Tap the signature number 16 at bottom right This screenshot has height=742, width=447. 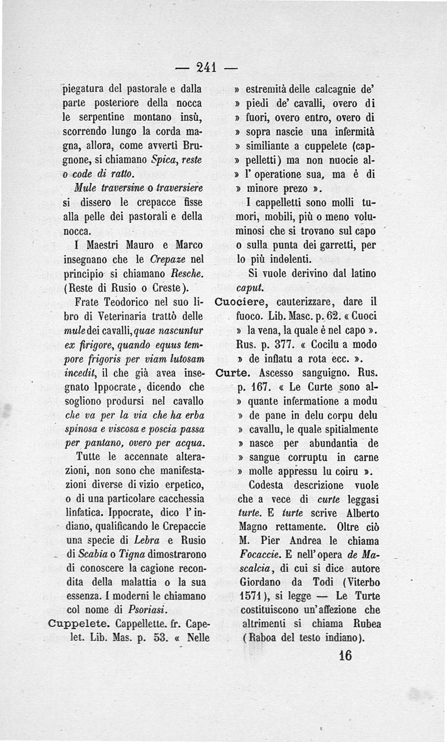[345, 655]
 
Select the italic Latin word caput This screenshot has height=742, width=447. [250, 288]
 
